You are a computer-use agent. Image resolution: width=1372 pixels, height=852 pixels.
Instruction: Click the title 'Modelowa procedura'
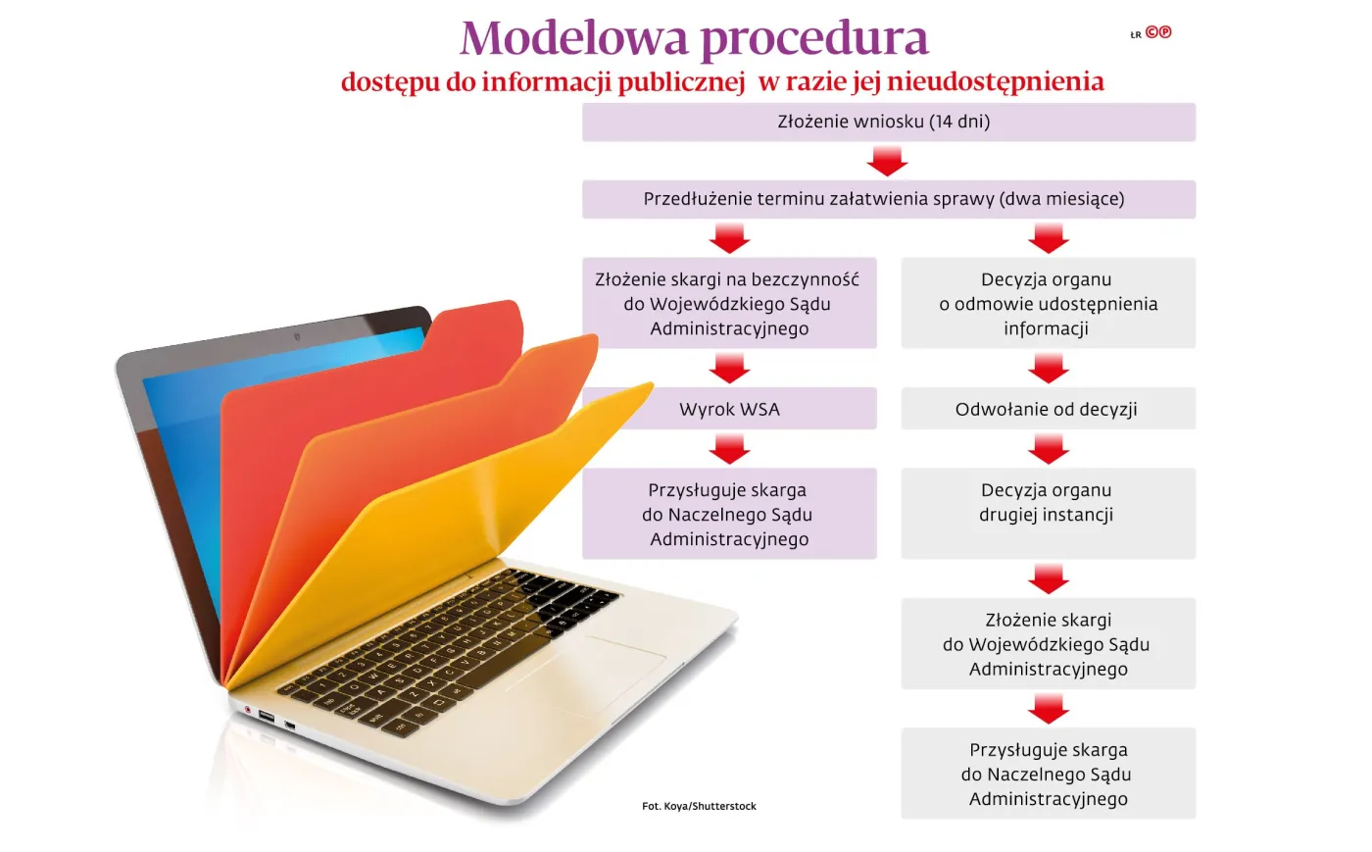click(x=694, y=39)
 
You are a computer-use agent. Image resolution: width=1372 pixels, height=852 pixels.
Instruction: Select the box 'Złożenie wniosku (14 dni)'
click(x=888, y=123)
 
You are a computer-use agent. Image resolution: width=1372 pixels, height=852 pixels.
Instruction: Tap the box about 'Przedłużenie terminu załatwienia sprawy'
click(x=888, y=199)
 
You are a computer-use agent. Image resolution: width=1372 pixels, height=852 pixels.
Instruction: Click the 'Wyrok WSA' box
click(x=729, y=409)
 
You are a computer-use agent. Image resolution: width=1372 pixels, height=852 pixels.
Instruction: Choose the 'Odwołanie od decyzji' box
click(x=1048, y=409)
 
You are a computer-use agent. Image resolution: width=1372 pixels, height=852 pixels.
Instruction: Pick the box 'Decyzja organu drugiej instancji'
click(x=1048, y=513)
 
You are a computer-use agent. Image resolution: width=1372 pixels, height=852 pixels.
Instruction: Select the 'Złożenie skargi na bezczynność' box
click(x=729, y=303)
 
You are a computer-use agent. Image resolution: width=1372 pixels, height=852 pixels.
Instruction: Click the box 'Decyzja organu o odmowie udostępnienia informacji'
click(x=1048, y=303)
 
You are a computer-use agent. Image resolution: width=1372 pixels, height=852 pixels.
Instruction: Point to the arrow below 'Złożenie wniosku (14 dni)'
click(x=888, y=161)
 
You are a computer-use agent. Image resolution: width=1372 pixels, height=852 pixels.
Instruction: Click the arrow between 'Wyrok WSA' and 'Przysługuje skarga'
click(x=729, y=449)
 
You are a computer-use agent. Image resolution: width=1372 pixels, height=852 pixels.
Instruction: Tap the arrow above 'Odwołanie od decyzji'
click(x=1049, y=369)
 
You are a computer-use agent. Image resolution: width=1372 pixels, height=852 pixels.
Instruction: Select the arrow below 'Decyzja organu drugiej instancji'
click(x=1049, y=578)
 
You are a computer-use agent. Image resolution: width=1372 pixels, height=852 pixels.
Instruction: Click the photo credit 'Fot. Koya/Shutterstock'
click(x=699, y=806)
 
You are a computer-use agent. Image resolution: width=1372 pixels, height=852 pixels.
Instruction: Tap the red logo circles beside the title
click(x=1158, y=32)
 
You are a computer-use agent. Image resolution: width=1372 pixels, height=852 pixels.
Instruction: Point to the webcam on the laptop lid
click(x=297, y=336)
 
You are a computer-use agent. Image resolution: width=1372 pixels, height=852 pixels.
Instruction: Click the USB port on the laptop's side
click(x=266, y=717)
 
